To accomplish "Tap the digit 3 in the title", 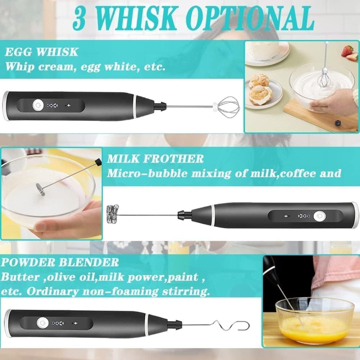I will pos(79,18).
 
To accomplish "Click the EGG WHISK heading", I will pos(42,52).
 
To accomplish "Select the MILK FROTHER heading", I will pos(155,159).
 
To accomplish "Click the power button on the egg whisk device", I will pos(36,105).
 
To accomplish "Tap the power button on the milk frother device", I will pos(318,216).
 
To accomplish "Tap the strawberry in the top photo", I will pos(347,51).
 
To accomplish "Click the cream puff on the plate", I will pos(261,94).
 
